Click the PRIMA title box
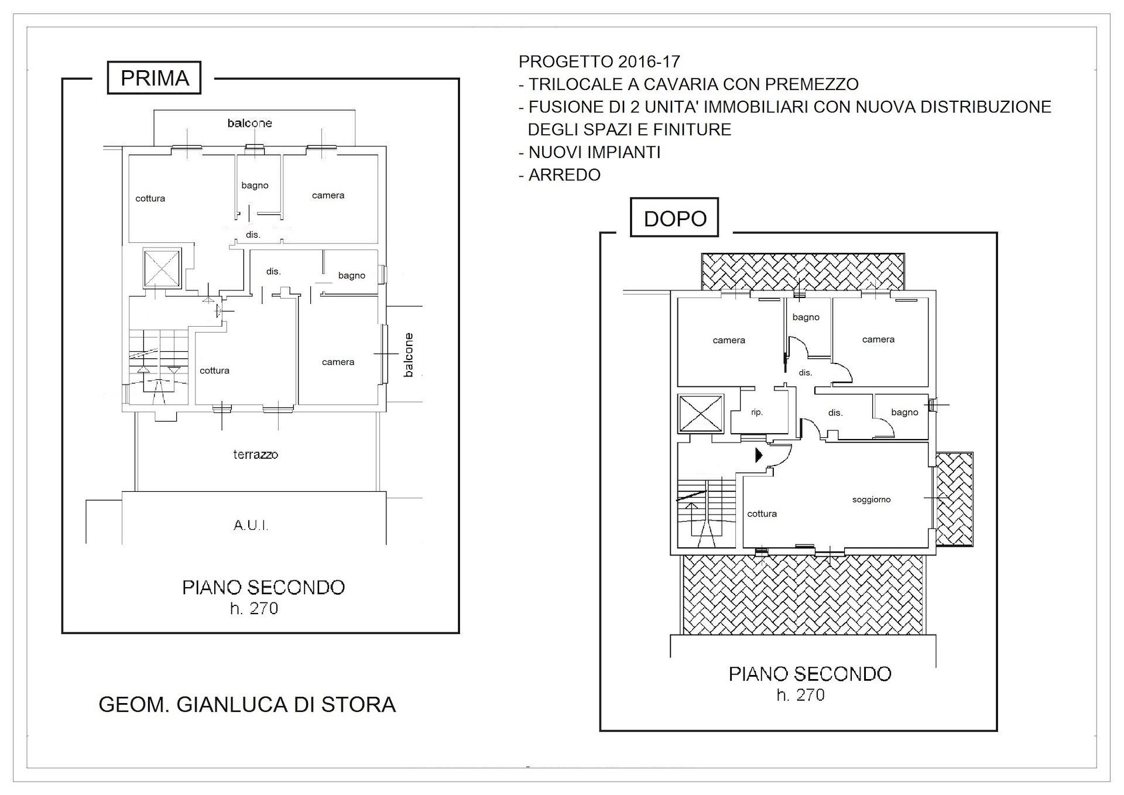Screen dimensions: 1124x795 tap(154, 77)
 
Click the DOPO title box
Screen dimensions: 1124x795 tap(674, 217)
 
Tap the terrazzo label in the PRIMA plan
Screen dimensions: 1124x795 tap(255, 454)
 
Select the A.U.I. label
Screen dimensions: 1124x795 tap(251, 525)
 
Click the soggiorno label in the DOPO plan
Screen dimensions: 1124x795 tap(871, 499)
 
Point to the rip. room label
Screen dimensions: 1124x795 tap(757, 412)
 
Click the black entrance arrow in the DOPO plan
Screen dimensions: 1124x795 tap(759, 454)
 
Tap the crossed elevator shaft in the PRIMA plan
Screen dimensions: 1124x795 tap(162, 268)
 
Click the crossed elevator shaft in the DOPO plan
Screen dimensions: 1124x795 tap(701, 413)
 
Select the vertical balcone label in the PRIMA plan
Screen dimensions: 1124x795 tap(409, 354)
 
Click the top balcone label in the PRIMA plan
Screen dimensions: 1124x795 tap(250, 123)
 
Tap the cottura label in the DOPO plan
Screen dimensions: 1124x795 tap(762, 513)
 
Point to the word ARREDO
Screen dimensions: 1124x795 tap(564, 174)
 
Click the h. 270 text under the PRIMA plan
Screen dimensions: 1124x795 tap(254, 609)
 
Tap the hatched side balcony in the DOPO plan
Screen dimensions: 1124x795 tap(954, 499)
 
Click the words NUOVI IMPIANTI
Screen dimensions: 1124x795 tap(594, 152)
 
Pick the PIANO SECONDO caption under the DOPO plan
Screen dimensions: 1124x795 tap(810, 674)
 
